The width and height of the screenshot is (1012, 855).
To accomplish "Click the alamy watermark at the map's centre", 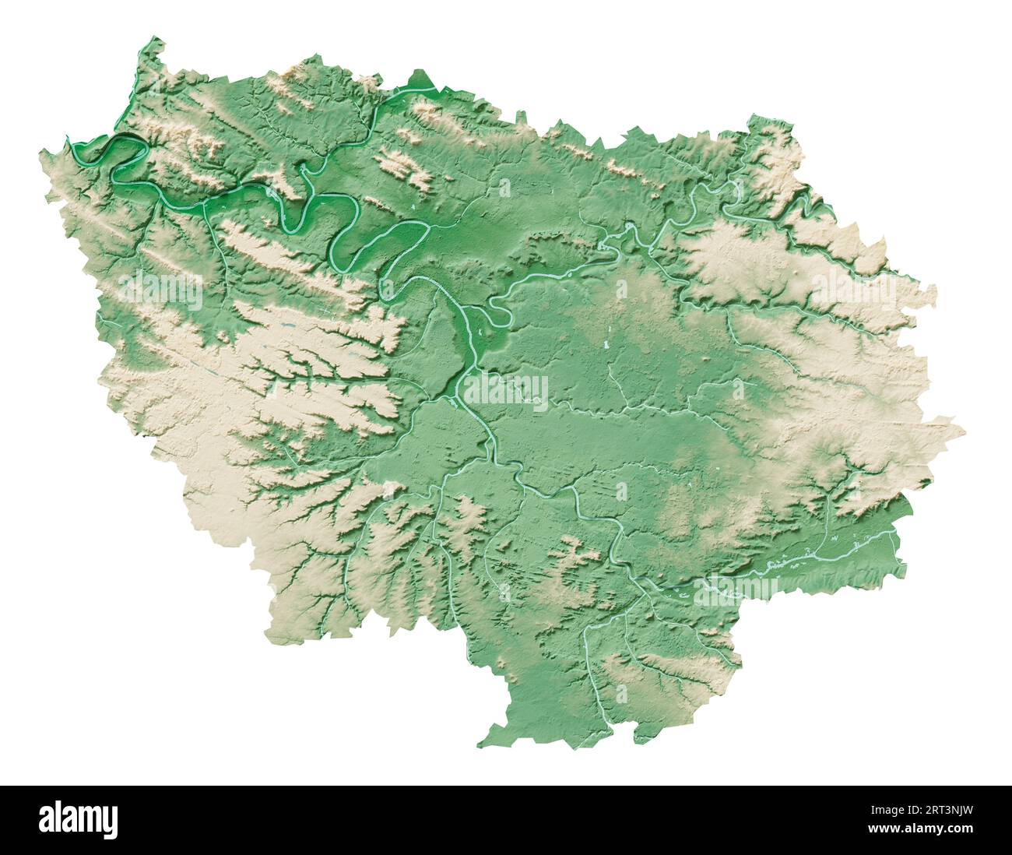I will (507, 389).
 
